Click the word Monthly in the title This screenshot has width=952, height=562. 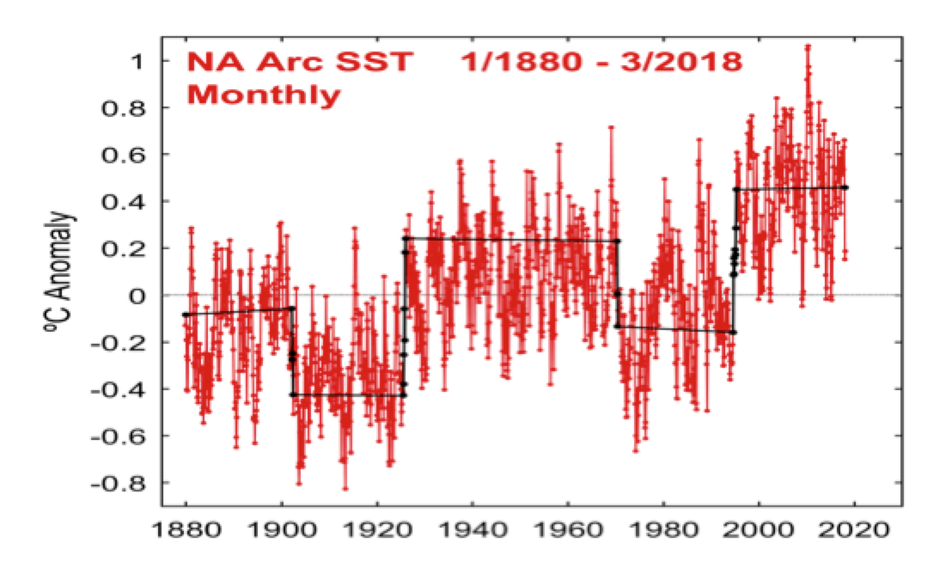[264, 94]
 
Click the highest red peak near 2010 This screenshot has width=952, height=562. [808, 46]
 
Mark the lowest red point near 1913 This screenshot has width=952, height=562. [345, 488]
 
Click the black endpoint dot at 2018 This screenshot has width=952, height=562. [846, 187]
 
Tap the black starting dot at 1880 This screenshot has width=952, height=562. [185, 315]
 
